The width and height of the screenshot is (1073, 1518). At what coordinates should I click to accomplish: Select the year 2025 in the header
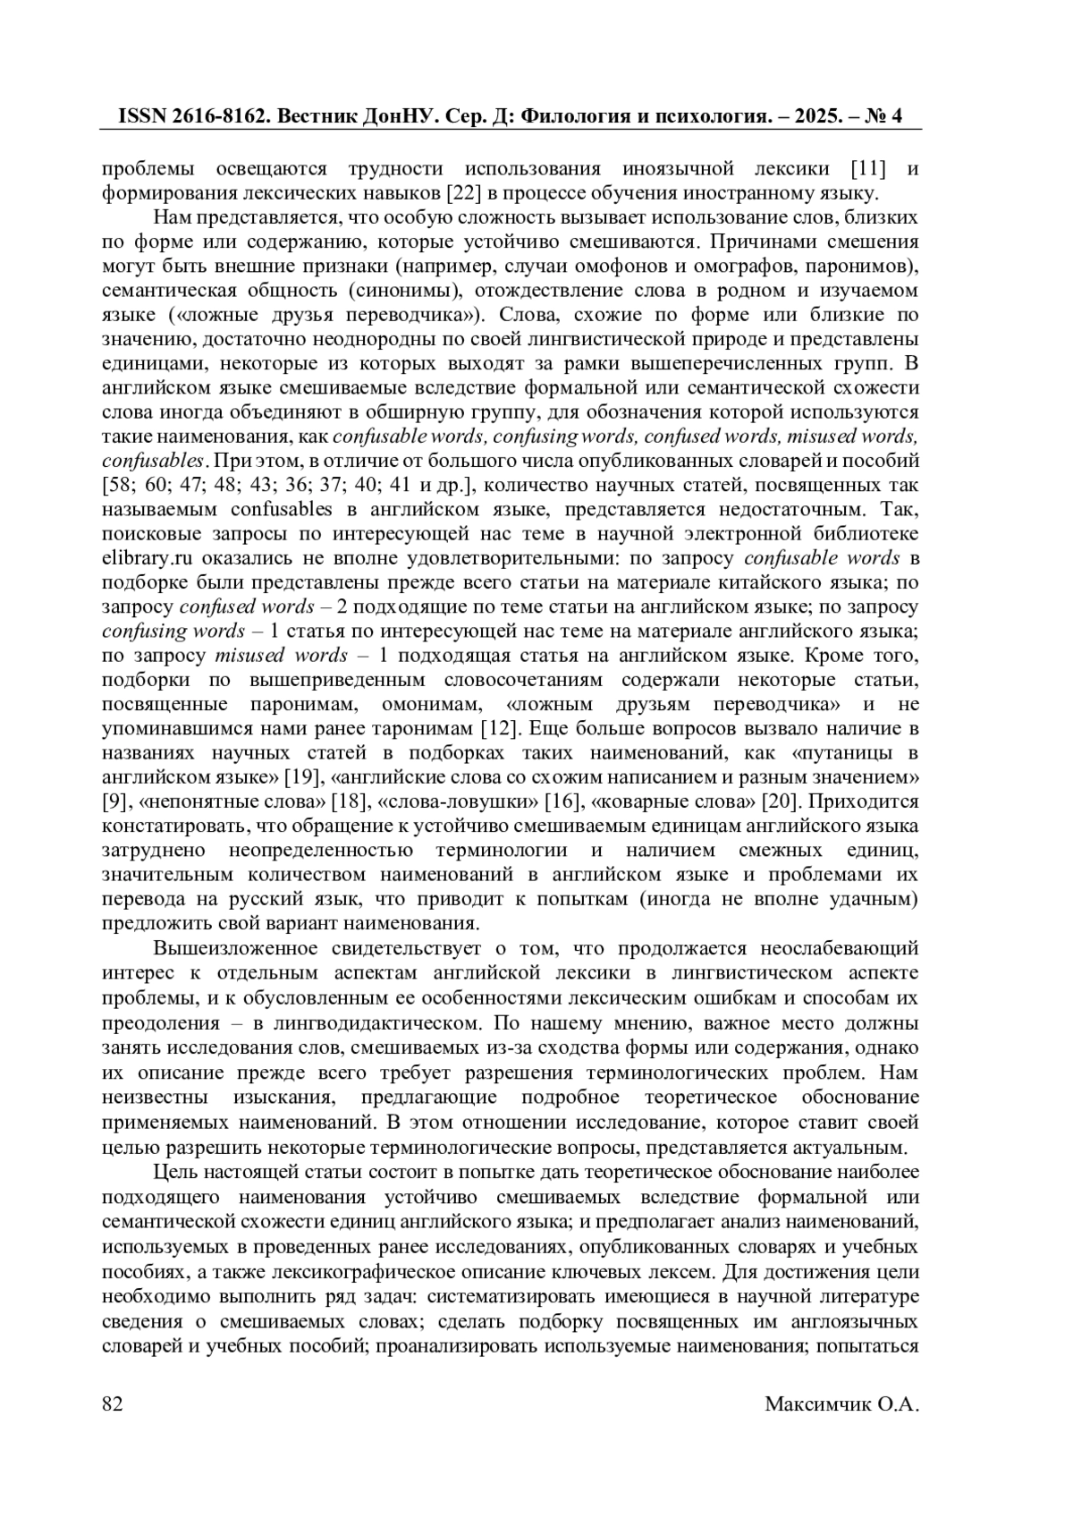(x=804, y=117)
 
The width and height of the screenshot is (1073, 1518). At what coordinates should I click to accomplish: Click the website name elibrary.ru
(x=148, y=558)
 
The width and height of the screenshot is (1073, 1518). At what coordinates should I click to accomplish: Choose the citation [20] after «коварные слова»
(x=776, y=801)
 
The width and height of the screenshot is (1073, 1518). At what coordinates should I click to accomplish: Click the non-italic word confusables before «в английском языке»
(x=283, y=510)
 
